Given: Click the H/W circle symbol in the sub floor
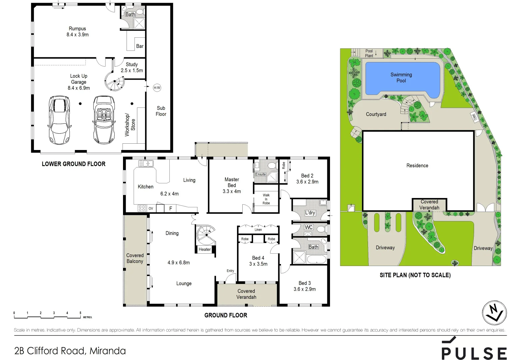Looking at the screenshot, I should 157,88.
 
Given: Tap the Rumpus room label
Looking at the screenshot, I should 77,29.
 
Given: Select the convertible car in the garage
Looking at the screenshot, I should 104,120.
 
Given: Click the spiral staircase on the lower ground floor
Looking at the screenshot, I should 114,81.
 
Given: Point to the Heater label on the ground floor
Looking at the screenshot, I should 205,249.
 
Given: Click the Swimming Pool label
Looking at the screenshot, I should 401,78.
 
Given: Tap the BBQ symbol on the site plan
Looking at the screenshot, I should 474,117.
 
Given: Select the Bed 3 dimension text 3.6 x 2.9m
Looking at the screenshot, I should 304,289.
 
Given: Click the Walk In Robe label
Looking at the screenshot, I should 266,199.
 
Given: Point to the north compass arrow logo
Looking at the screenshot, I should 494,313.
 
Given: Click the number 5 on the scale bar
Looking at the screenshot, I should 80,313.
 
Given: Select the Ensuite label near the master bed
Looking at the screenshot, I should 261,174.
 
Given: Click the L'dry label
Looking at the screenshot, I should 310,213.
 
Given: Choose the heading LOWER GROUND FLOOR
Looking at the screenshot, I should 73,164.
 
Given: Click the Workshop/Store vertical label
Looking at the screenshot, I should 130,125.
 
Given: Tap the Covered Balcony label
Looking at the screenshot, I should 135,258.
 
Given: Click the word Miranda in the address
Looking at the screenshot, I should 108,351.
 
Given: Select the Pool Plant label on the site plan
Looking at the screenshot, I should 369,53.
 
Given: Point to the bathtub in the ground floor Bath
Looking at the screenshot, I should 316,259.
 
